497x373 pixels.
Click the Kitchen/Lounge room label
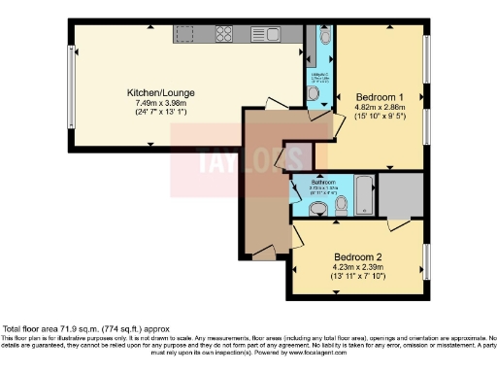pyautogui.click(x=155, y=93)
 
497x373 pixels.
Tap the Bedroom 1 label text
pyautogui.click(x=379, y=97)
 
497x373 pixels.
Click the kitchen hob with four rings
pyautogui.click(x=222, y=34)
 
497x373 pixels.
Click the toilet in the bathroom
pyautogui.click(x=317, y=207)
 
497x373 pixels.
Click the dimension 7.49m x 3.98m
pyautogui.click(x=155, y=103)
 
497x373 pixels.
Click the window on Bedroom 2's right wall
pyautogui.click(x=426, y=262)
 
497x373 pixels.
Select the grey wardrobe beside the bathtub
pyautogui.click(x=400, y=194)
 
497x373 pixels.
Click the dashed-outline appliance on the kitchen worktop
pyautogui.click(x=185, y=34)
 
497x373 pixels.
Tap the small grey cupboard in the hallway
pyautogui.click(x=298, y=156)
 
